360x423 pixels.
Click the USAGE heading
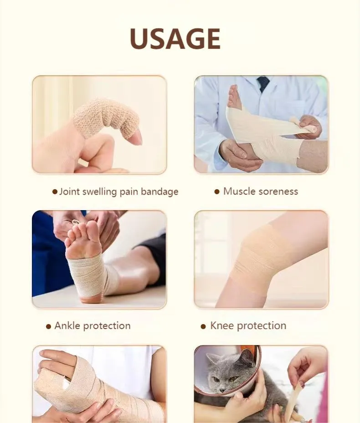pyautogui.click(x=175, y=39)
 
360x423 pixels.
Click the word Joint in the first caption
pyautogui.click(x=69, y=191)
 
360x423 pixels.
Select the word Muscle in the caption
pyautogui.click(x=240, y=191)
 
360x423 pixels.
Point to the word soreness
pyautogui.click(x=278, y=191)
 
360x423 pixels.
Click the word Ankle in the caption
pyautogui.click(x=67, y=326)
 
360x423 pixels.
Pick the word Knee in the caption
pyautogui.click(x=222, y=326)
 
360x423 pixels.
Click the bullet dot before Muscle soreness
pyautogui.click(x=217, y=191)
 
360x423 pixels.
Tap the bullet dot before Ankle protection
pyautogui.click(x=49, y=326)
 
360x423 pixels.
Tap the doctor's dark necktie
pyautogui.click(x=263, y=83)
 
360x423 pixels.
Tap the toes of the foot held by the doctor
pyautogui.click(x=234, y=98)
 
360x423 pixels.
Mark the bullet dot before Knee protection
pyautogui.click(x=204, y=326)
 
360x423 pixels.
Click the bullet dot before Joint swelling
pyautogui.click(x=55, y=192)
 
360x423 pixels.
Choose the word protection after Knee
pyautogui.click(x=262, y=326)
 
